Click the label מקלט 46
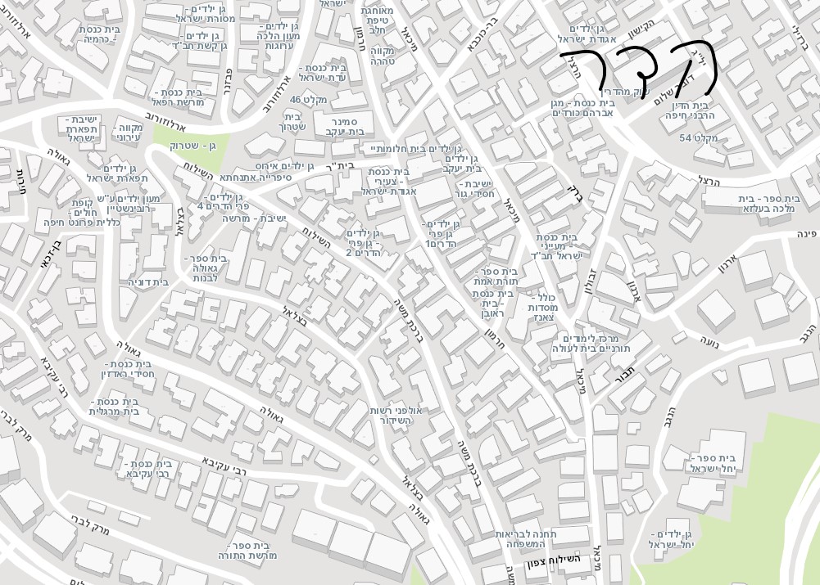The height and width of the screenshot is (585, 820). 308,100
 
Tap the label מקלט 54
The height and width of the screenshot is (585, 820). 699,137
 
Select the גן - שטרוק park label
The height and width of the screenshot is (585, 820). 193,146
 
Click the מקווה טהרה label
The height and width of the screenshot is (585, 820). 383,56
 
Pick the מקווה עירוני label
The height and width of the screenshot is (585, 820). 128,133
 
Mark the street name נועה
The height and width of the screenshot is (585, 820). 710,339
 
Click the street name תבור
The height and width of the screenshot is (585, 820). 625,379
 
